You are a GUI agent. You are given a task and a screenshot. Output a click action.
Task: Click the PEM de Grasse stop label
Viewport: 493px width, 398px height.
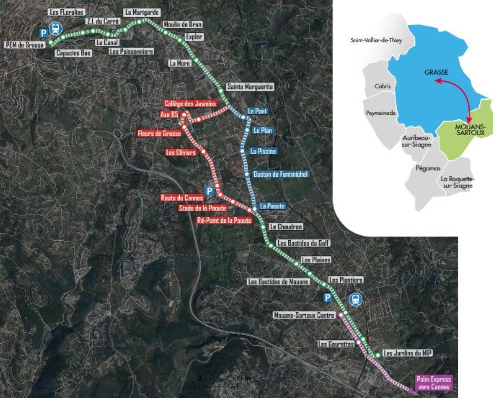point(25,45)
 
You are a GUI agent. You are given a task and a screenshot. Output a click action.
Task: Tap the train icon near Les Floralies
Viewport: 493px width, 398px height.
point(55,28)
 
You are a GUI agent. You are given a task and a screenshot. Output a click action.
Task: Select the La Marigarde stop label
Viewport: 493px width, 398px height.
point(142,12)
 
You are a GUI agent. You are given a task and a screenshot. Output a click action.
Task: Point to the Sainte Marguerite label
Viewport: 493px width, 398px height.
point(250,87)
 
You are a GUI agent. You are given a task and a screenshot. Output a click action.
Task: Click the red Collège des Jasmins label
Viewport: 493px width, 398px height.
point(190,104)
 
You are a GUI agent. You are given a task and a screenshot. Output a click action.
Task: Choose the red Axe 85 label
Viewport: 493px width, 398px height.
point(169,115)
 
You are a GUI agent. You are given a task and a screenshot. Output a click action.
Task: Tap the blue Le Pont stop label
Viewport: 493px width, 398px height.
point(257,111)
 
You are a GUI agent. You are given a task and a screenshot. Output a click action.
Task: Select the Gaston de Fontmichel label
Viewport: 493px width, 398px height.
point(280,174)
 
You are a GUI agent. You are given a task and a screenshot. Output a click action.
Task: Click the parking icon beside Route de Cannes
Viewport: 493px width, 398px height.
point(209,191)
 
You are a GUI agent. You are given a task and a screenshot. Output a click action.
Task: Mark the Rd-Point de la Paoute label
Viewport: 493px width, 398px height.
point(224,220)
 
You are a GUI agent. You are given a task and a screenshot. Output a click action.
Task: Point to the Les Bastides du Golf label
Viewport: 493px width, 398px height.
point(303,243)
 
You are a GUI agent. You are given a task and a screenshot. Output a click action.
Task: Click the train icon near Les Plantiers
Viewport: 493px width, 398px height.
point(355,299)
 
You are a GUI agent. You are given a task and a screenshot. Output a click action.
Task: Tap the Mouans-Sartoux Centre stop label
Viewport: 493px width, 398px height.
point(304,315)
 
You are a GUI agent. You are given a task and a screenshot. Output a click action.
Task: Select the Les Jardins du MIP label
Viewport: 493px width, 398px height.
point(407,353)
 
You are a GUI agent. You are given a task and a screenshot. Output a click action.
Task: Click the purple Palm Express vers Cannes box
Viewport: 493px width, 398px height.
point(434,383)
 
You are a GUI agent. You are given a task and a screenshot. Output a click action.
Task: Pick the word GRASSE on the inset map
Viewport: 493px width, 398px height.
point(436,72)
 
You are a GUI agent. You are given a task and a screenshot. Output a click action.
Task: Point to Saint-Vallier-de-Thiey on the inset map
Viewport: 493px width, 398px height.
point(376,40)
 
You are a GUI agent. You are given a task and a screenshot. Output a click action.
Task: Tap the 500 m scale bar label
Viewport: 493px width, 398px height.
point(240,378)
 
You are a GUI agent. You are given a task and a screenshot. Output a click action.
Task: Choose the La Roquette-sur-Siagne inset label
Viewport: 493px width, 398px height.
point(458,182)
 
